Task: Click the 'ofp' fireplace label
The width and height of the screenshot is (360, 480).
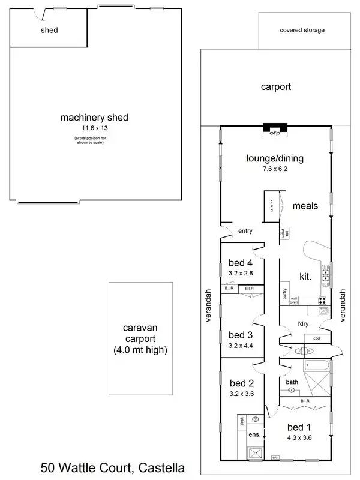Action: tap(275, 133)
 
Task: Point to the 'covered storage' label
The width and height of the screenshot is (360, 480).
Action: tap(302, 30)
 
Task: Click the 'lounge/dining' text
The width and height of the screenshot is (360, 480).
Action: tap(275, 158)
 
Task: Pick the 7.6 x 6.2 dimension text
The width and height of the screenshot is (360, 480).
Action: tap(275, 169)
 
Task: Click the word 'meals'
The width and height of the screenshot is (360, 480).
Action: tap(305, 206)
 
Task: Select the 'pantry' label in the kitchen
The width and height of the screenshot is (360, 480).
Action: tap(284, 294)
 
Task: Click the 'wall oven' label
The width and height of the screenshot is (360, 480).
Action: tap(294, 301)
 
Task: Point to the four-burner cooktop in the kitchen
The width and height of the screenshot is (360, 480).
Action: tap(322, 301)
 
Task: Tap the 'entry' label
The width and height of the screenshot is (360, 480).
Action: tap(245, 230)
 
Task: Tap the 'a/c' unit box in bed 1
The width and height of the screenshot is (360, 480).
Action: tap(275, 457)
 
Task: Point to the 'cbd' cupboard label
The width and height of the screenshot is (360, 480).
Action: tap(316, 338)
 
